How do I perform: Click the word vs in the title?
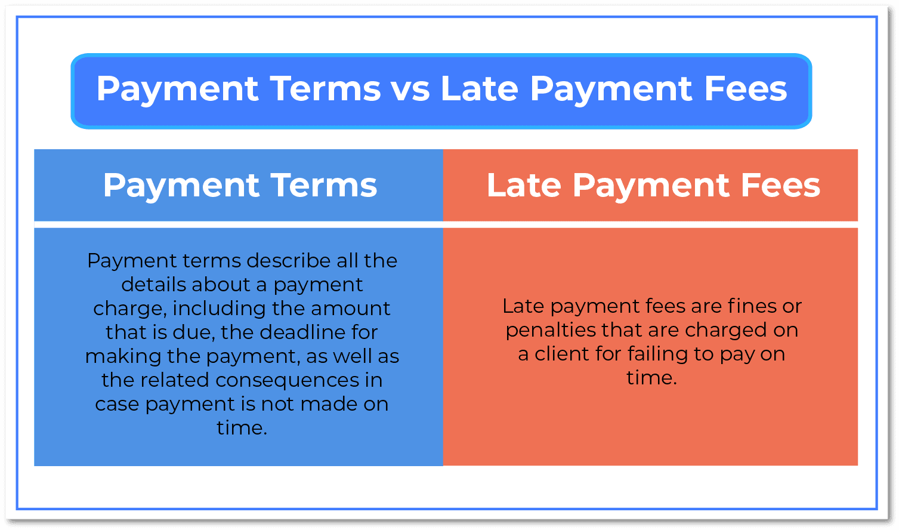pos(410,89)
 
